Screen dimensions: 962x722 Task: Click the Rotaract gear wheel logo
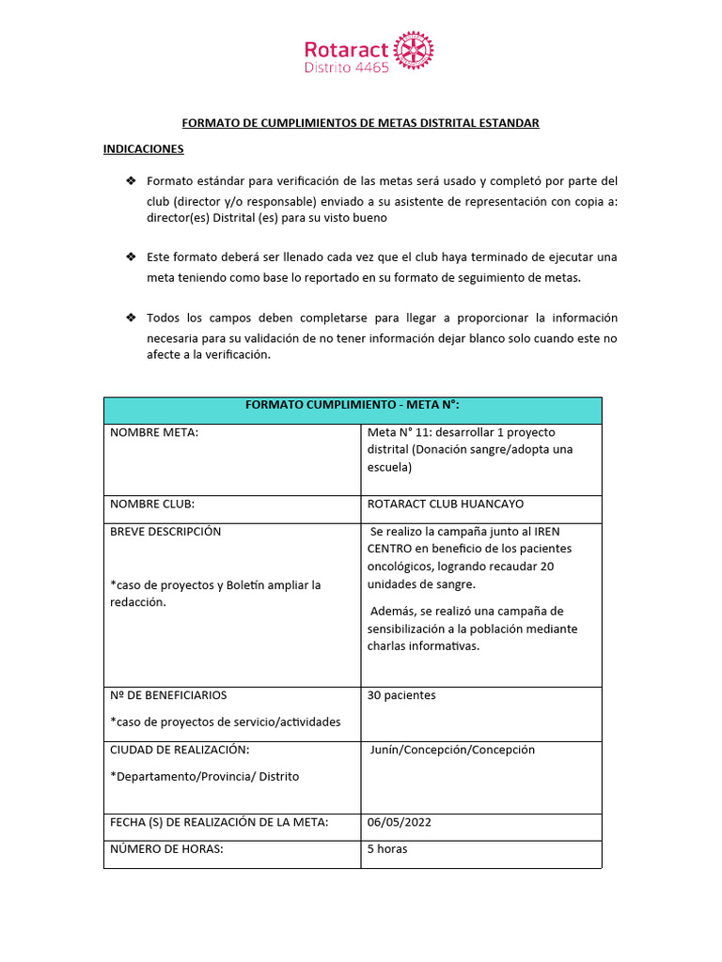tap(414, 51)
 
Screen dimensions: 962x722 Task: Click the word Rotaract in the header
tap(346, 49)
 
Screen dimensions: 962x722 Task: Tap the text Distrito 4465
tap(346, 69)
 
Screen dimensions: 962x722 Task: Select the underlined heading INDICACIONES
tap(143, 149)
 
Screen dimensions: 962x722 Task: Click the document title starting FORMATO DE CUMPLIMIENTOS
tap(360, 123)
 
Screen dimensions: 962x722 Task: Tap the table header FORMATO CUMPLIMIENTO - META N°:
tap(353, 405)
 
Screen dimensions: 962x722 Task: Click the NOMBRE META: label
tap(154, 432)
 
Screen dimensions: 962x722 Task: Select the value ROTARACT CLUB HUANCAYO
tap(446, 504)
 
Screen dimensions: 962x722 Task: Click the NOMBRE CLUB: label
tap(152, 504)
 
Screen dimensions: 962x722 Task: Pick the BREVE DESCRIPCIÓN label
tap(165, 531)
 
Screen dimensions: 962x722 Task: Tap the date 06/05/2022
tap(400, 822)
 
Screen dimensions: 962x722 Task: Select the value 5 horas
tap(387, 848)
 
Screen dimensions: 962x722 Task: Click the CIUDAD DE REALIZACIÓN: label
tap(180, 750)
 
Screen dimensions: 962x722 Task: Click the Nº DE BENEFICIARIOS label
tap(168, 695)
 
